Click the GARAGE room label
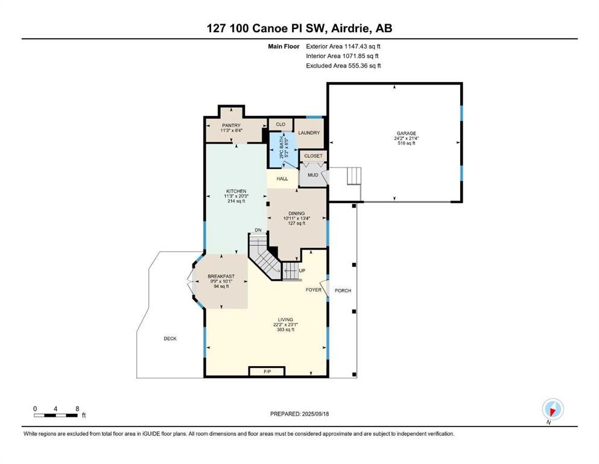[406, 134]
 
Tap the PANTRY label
[232, 126]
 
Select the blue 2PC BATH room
[284, 150]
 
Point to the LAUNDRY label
[309, 133]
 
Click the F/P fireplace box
[267, 372]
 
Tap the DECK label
[170, 338]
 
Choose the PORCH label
[343, 291]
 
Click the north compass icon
[553, 409]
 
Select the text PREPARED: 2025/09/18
[299, 414]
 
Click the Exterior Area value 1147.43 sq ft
[362, 47]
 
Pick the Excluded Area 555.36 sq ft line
[343, 65]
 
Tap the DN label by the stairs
[258, 230]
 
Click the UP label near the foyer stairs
[302, 271]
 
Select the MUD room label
[313, 175]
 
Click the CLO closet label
[280, 124]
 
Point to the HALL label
[282, 179]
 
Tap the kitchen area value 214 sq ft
[236, 201]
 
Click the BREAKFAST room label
[221, 276]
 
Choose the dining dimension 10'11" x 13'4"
[296, 219]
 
